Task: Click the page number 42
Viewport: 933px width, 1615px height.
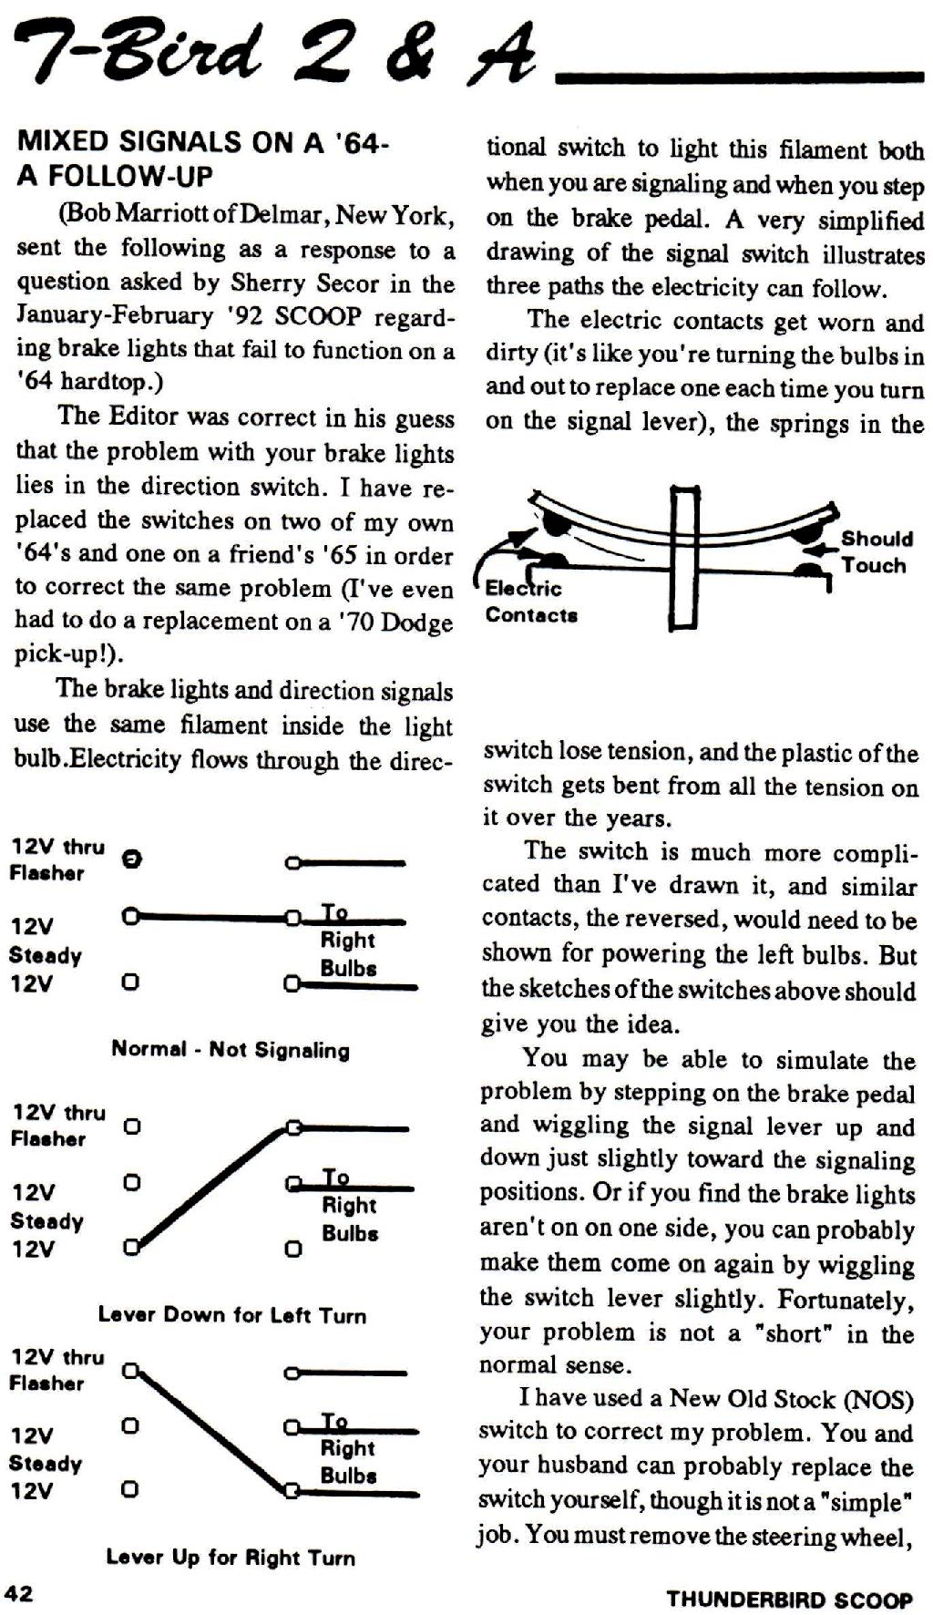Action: pos(19,1593)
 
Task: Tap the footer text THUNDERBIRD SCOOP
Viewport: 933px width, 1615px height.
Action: pos(789,1600)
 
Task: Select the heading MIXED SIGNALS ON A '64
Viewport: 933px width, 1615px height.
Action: pos(203,141)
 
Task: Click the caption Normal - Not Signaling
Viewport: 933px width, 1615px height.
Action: pos(231,1049)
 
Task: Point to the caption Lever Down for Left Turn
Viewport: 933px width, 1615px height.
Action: pos(232,1315)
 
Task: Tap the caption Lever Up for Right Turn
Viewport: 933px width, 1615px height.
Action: pos(231,1558)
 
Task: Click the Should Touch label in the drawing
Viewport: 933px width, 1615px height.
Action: pos(875,551)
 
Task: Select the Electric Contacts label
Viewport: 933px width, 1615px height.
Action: pos(531,602)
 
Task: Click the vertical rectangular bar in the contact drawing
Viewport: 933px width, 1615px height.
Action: pos(685,559)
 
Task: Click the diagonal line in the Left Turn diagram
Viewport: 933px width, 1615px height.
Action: pos(212,1188)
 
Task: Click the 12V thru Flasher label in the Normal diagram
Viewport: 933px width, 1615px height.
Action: pos(56,860)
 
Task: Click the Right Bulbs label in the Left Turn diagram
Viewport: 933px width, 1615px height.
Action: pos(350,1219)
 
